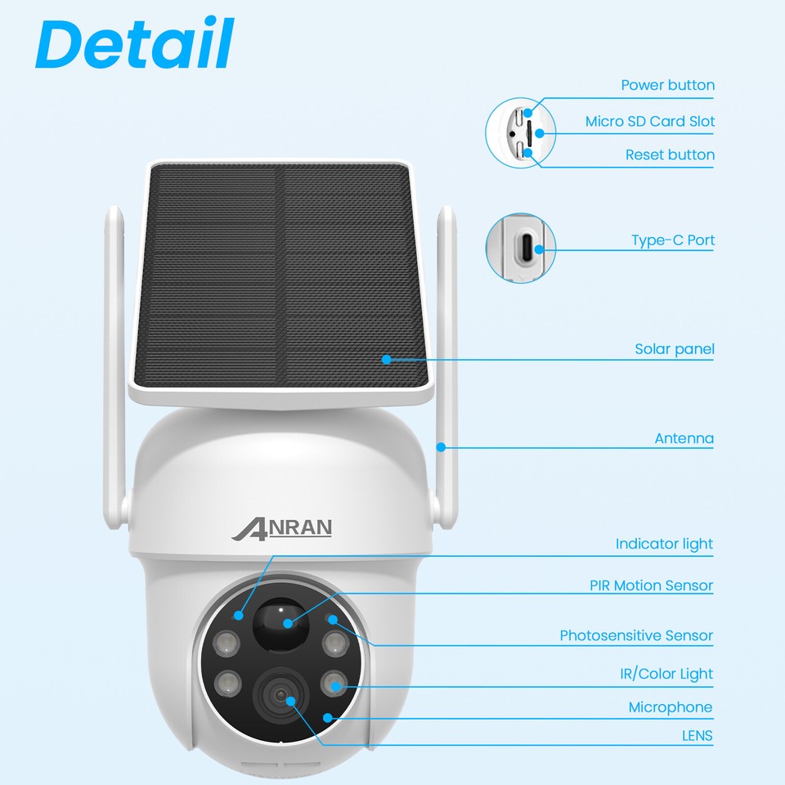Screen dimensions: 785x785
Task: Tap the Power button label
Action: (667, 85)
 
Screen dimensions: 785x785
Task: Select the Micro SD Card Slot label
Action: (649, 121)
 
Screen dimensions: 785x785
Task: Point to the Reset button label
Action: (670, 155)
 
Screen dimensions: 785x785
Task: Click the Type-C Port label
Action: (672, 240)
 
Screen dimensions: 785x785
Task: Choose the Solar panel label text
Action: (674, 349)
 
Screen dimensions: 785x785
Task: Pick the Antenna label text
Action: (684, 438)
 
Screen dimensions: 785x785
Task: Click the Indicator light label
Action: (664, 544)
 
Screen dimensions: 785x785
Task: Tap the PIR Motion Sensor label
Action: (651, 585)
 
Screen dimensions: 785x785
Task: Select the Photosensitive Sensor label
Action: (636, 635)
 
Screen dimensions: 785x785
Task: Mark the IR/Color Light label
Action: (666, 674)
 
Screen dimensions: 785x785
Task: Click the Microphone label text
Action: (670, 707)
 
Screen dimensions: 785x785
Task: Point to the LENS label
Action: (697, 736)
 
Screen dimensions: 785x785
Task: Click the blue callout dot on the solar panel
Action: (385, 358)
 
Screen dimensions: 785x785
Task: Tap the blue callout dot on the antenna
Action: (441, 446)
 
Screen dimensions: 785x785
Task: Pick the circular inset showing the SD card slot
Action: (520, 131)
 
